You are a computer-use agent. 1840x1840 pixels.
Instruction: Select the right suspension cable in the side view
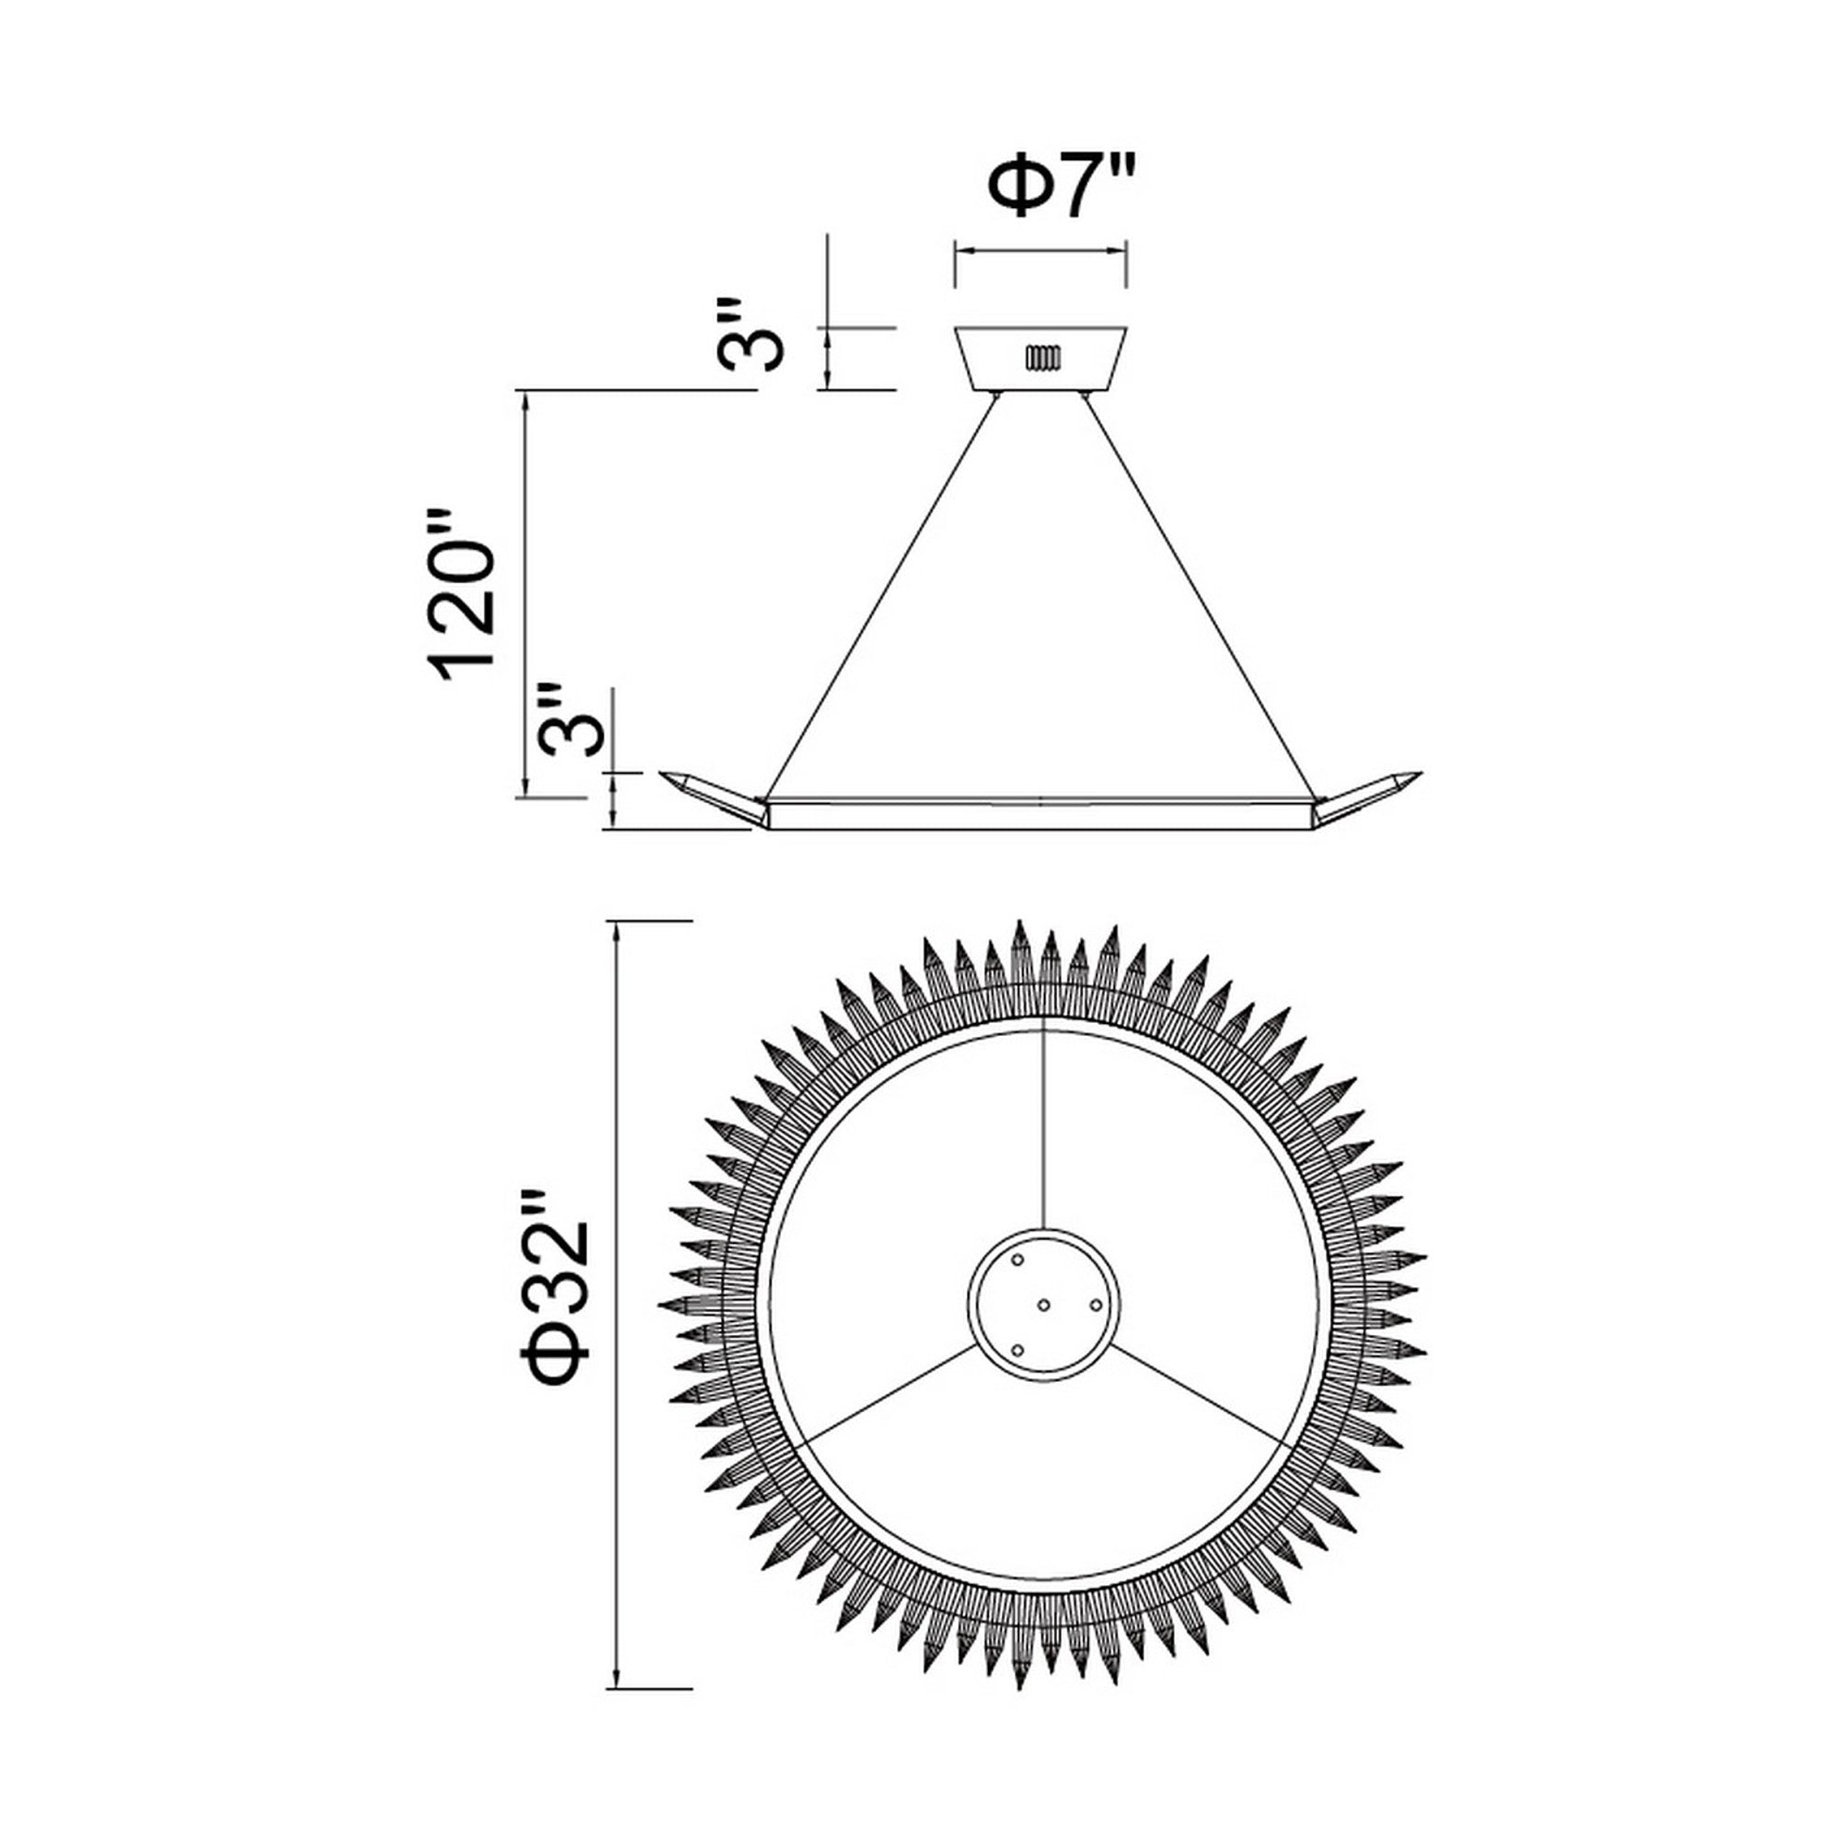pyautogui.click(x=1202, y=595)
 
